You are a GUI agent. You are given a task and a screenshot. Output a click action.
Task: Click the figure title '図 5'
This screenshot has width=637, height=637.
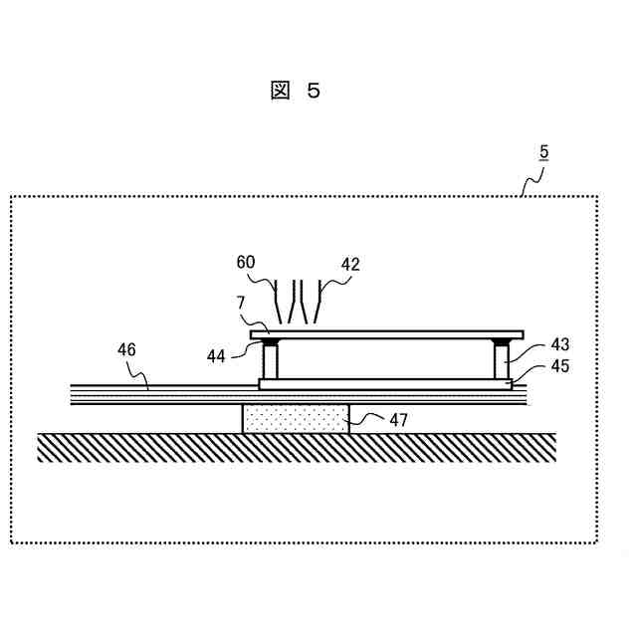(295, 92)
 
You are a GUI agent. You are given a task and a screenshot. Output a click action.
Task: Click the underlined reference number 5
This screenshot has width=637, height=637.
(543, 152)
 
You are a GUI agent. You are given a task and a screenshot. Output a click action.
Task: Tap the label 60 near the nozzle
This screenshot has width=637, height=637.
(246, 264)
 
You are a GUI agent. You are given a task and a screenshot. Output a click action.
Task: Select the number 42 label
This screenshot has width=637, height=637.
(349, 264)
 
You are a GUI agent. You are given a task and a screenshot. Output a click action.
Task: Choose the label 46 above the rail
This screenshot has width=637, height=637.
(126, 349)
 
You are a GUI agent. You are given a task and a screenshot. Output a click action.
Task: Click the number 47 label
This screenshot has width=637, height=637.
(398, 420)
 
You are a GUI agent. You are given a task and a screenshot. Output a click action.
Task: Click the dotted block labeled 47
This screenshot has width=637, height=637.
(296, 419)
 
